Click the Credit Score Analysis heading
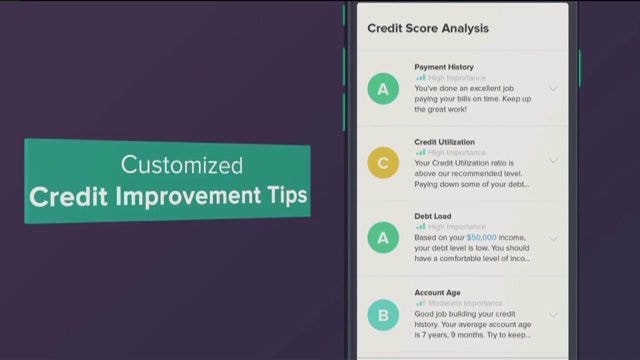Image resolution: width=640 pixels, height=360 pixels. [428, 28]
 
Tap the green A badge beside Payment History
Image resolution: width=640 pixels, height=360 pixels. [381, 90]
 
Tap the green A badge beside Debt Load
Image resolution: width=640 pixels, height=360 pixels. [381, 239]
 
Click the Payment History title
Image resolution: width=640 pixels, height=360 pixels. [444, 67]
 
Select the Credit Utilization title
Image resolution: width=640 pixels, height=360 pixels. [445, 142]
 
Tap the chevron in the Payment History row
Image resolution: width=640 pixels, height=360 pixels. [553, 89]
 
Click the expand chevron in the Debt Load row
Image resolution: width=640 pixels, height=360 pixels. [553, 239]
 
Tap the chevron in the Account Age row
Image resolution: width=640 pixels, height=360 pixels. [553, 315]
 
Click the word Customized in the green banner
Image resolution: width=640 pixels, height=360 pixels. [181, 164]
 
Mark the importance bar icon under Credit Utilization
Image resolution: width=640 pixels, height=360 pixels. [421, 152]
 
